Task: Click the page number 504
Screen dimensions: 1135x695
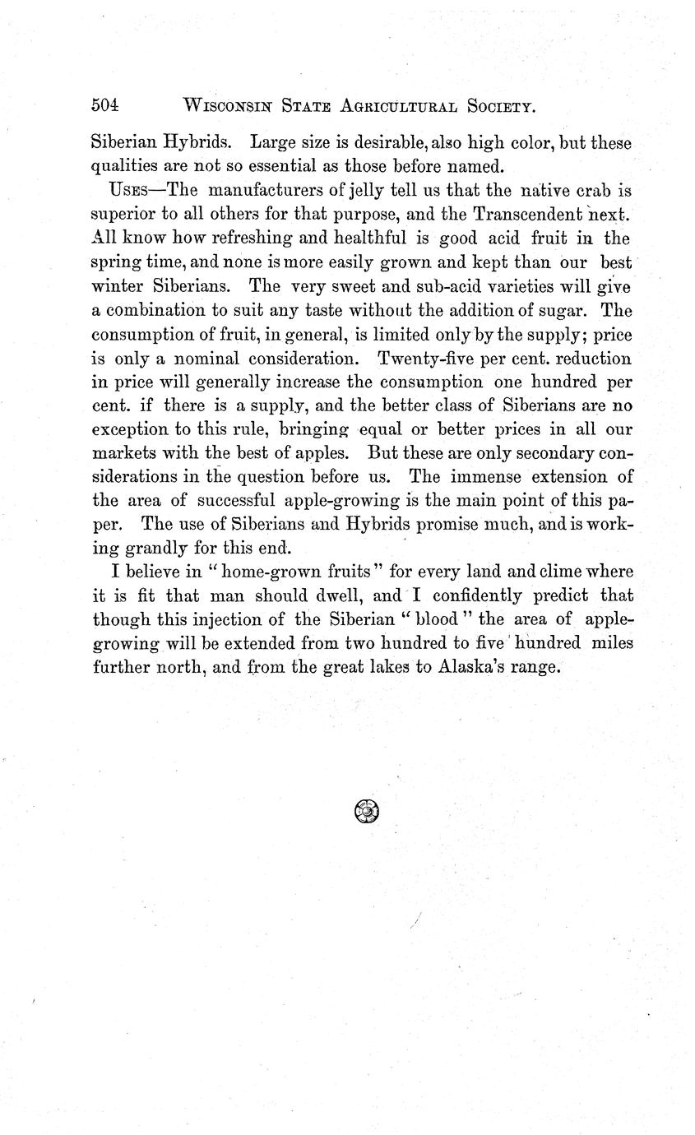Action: tap(105, 105)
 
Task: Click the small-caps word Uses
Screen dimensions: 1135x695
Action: tap(128, 191)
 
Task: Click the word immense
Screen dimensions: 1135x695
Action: tap(484, 477)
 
